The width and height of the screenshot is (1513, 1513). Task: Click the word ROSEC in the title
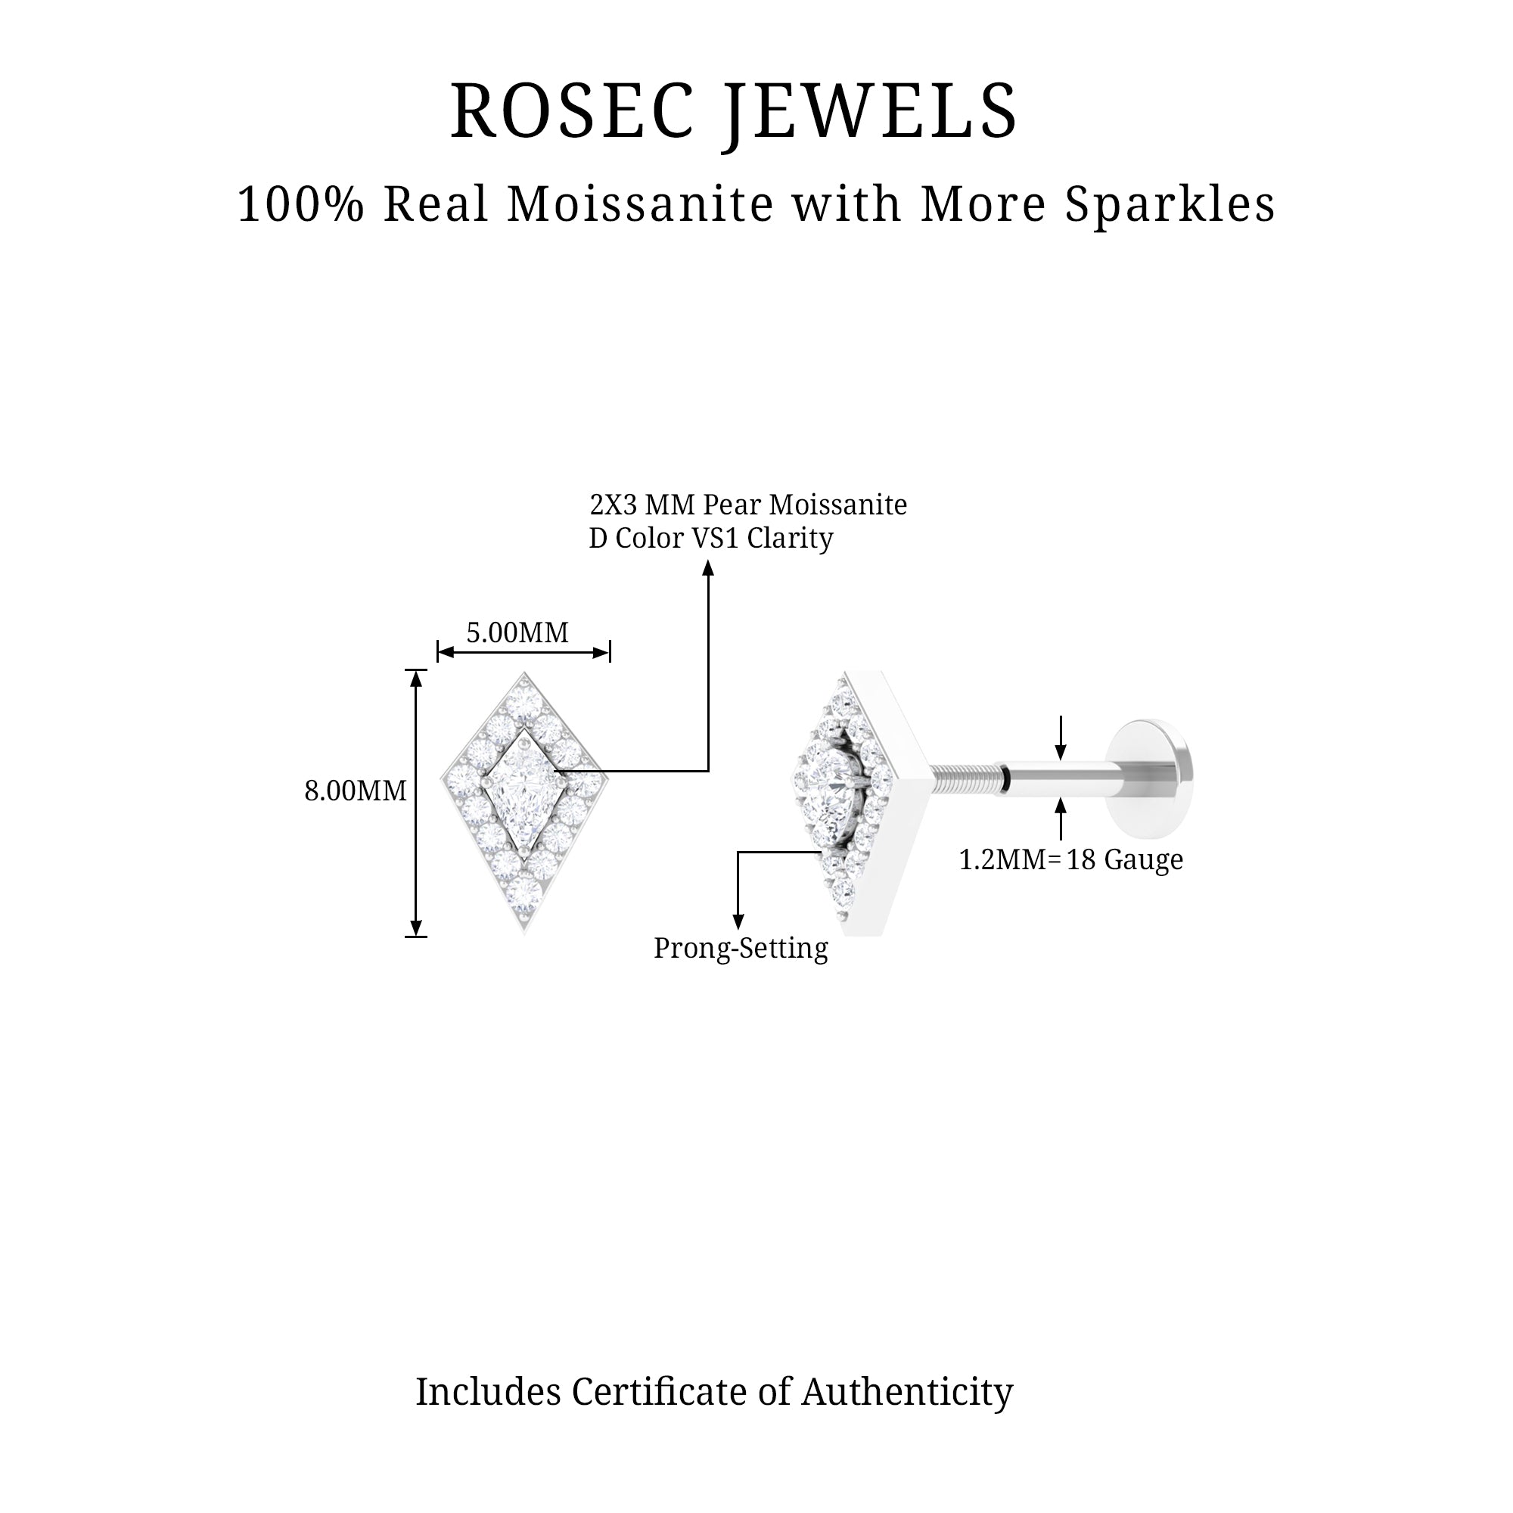[x=573, y=111]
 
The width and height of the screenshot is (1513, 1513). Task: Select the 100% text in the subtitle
[x=301, y=205]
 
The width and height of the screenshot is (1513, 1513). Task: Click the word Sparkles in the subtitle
[x=1170, y=205]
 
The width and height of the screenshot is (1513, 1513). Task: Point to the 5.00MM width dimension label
[x=517, y=632]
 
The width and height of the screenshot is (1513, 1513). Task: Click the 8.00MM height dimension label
[x=356, y=791]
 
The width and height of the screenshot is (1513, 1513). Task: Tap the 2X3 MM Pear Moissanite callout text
[x=748, y=505]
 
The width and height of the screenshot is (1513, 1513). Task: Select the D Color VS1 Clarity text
[x=710, y=539]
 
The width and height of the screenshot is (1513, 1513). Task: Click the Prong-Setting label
[x=741, y=949]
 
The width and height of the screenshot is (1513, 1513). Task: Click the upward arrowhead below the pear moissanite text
[x=709, y=569]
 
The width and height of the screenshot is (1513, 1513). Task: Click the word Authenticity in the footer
[x=907, y=1393]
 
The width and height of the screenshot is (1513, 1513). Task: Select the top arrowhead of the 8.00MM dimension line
[x=417, y=678]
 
